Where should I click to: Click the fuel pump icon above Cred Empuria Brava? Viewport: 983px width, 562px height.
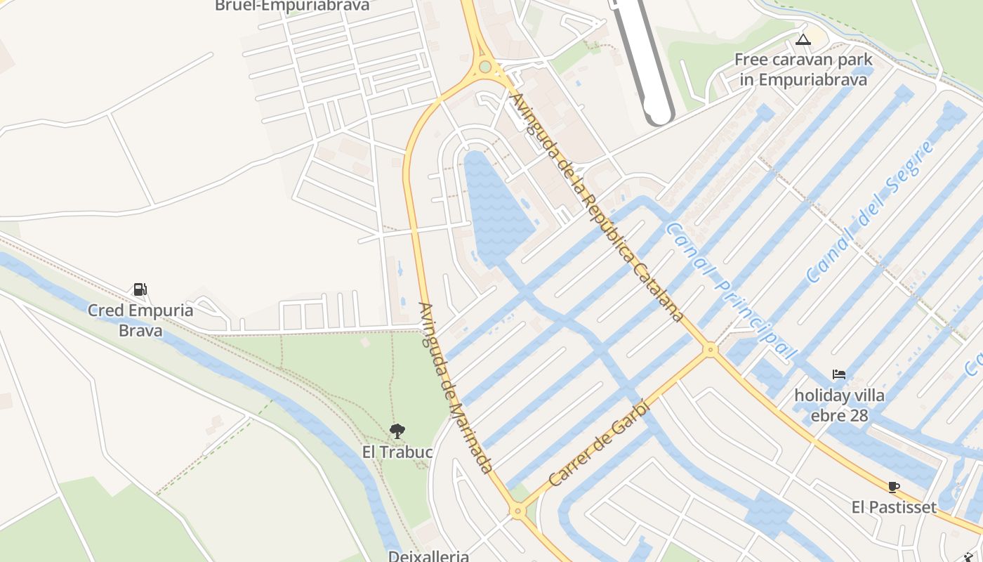140,289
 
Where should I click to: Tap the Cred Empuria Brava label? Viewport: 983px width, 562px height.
140,320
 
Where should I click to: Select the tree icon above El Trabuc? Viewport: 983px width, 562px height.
397,431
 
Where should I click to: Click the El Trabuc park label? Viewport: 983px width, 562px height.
397,452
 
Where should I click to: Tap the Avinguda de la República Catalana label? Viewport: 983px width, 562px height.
598,207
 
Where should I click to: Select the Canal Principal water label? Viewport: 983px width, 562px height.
731,292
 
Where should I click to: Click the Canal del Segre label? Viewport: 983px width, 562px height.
871,211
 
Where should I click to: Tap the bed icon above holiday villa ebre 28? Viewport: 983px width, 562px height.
839,374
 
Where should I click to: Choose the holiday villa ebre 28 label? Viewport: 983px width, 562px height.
839,405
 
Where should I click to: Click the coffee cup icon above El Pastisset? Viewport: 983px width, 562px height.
894,486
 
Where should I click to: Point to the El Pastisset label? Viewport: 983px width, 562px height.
894,507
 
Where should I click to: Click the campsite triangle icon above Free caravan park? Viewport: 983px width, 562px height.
803,39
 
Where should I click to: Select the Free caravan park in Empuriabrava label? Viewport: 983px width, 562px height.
803,70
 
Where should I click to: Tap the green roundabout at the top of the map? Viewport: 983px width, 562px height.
484,67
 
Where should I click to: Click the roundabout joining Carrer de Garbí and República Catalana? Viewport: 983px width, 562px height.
711,348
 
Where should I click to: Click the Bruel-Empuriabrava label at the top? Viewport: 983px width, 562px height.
292,6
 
